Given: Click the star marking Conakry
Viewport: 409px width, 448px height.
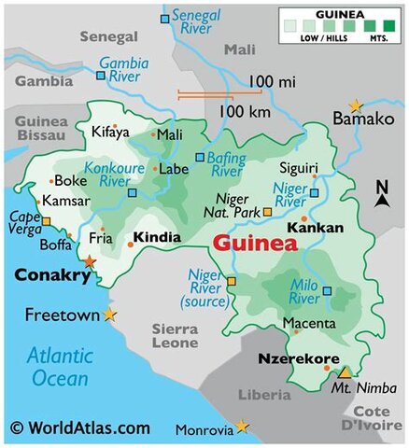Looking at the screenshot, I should (90, 262).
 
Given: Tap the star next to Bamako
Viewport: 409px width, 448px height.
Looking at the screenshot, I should (355, 106).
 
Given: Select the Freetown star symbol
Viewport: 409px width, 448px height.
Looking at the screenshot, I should (111, 315).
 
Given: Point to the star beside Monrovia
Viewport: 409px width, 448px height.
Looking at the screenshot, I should (243, 427).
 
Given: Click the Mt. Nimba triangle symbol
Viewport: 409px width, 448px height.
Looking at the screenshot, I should (344, 371).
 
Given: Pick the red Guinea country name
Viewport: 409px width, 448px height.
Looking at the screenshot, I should (255, 245).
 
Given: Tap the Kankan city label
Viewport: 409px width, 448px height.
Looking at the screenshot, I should (315, 228).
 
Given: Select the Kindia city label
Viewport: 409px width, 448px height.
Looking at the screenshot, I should (157, 238).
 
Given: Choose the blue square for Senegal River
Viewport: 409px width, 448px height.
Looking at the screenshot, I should (165, 19).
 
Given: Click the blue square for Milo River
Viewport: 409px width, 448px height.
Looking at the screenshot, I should (327, 290).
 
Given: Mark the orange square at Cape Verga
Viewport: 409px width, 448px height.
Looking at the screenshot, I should (47, 221).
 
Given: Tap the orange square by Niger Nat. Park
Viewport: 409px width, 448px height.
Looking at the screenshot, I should (268, 212).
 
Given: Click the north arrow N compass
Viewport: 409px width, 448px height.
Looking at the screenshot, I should (382, 194).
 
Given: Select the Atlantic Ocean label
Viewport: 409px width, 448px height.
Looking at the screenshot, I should (58, 367).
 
